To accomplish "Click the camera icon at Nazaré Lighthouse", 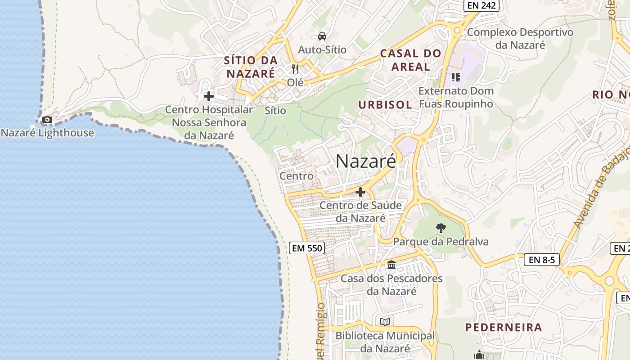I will [x=47, y=120].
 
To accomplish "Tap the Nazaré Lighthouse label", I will [x=48, y=133].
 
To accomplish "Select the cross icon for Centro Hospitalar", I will [x=208, y=96].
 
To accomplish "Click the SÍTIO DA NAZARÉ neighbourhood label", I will [x=250, y=67].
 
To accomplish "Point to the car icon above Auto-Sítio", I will [x=322, y=36].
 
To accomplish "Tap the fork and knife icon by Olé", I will [x=295, y=69].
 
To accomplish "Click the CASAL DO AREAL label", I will [x=410, y=60].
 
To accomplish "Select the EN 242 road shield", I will [x=481, y=5].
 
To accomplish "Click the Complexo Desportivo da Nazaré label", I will [x=520, y=39].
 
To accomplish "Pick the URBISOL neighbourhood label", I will [x=385, y=105].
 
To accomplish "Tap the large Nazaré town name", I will [x=366, y=161].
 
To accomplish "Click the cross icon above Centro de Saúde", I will [x=360, y=193].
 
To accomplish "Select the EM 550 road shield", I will [x=306, y=247].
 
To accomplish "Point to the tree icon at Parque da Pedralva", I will [x=441, y=228].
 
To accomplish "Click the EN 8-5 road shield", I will [x=541, y=260].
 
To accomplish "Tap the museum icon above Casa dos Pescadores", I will [x=391, y=265].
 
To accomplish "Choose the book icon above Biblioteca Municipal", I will [x=385, y=322].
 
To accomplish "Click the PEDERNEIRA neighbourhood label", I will [x=504, y=327].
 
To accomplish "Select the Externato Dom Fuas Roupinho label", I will [x=456, y=97].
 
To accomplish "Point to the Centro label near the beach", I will [x=297, y=175].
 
